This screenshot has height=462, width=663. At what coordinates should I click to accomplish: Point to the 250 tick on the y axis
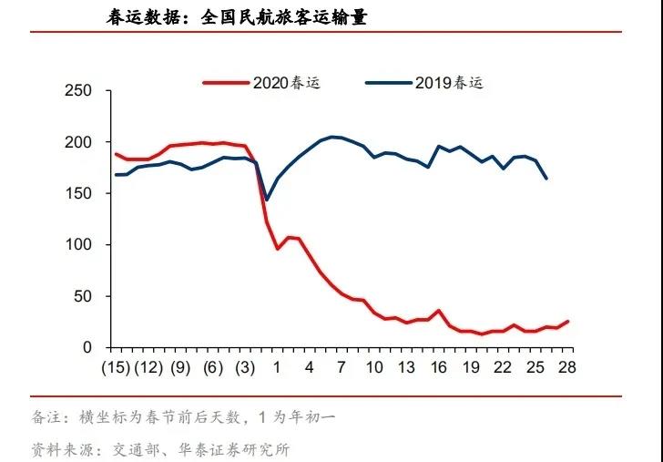click(80, 91)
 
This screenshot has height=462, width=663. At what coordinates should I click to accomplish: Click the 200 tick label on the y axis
click(80, 142)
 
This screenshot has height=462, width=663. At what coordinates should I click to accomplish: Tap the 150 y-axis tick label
click(80, 194)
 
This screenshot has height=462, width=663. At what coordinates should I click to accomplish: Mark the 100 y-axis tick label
click(80, 245)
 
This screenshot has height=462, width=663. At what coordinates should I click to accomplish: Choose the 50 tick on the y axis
click(84, 296)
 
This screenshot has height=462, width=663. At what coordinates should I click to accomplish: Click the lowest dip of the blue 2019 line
click(266, 200)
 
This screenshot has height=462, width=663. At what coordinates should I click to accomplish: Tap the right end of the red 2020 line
click(568, 321)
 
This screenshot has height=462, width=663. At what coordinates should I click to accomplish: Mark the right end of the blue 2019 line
click(546, 179)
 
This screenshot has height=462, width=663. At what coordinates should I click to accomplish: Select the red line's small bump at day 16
click(439, 311)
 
